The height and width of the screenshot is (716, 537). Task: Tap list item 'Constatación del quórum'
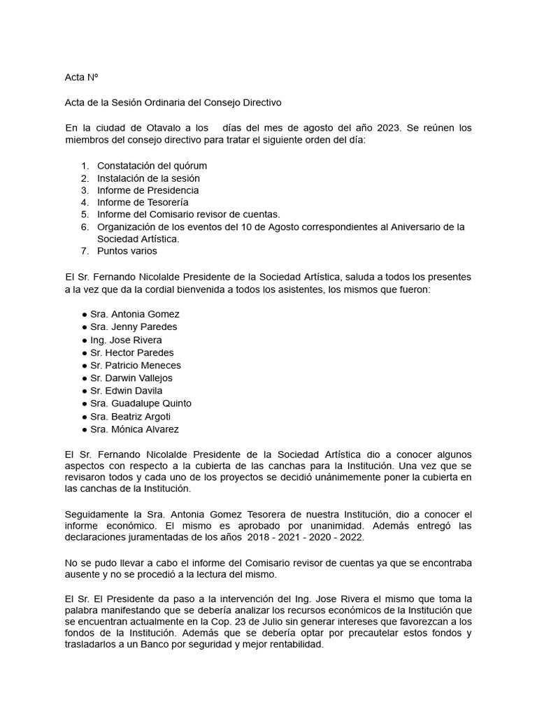point(152,166)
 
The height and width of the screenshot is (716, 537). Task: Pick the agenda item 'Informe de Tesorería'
point(143,202)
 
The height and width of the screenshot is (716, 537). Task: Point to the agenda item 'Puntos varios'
point(127,250)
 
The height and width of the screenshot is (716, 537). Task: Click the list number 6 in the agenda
point(85,227)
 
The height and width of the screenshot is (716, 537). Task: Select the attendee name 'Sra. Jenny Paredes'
point(134,327)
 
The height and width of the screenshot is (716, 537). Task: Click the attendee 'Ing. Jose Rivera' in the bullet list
point(126,340)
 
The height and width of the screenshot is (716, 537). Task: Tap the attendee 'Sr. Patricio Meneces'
point(136,365)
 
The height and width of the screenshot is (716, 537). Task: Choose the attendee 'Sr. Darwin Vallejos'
point(131,378)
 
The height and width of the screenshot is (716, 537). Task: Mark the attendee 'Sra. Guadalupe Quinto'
point(141,403)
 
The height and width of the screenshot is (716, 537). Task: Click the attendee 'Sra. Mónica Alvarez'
point(134,429)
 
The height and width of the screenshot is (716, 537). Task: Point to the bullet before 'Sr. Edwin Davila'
point(85,391)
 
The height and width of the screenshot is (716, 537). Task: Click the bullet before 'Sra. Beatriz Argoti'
point(85,417)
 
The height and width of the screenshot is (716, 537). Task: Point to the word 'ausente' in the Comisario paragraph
point(82,574)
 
